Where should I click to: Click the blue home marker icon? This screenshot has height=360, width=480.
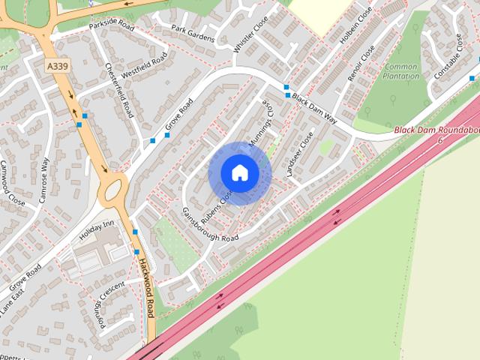239,172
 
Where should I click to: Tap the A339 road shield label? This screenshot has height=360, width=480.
56,67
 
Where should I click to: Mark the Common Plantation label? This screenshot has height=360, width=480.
401,71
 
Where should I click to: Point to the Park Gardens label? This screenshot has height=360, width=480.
193,34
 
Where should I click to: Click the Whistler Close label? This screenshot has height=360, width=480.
245,34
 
